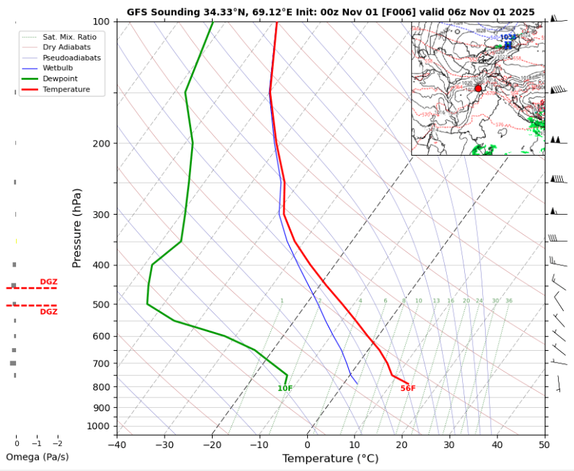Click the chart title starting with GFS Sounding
click(x=331, y=12)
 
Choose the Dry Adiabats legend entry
click(x=67, y=47)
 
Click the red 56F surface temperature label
click(x=408, y=388)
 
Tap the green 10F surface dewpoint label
click(x=285, y=388)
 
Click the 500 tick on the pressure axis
click(x=101, y=304)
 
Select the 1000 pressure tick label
click(x=99, y=426)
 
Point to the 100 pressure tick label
click(x=101, y=22)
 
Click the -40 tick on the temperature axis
click(x=117, y=445)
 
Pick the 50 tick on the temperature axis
click(x=543, y=445)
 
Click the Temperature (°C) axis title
click(x=330, y=458)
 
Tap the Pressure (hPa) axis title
click(x=77, y=228)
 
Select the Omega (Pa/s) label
click(x=37, y=457)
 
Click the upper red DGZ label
click(x=49, y=281)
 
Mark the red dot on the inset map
click(x=478, y=88)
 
